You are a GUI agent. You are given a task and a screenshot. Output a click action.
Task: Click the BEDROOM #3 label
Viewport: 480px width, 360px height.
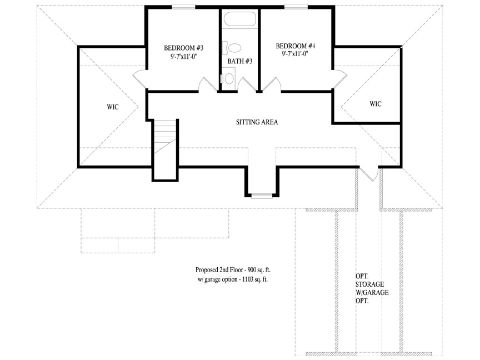[184, 48]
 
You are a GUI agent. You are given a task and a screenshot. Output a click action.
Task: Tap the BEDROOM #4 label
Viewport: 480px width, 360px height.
[296, 46]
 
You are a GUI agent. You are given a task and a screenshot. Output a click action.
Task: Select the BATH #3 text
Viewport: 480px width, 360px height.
[240, 61]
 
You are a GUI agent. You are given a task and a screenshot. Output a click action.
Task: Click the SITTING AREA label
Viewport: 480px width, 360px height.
[257, 122]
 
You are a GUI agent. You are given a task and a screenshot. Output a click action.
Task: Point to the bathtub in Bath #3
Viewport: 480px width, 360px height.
[239, 19]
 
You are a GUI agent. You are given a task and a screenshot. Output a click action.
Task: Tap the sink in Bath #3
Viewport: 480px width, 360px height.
[228, 78]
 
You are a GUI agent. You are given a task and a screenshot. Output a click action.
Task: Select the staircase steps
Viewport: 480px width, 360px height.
[165, 136]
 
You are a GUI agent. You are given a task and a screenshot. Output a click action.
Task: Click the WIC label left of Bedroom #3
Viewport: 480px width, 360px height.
[113, 107]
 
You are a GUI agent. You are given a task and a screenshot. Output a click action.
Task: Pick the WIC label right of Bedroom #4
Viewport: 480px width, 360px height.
[376, 104]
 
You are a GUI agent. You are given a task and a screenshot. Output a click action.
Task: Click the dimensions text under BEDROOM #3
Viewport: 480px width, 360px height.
[184, 56]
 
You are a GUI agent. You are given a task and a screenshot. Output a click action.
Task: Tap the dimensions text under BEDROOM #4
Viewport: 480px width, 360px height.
[296, 54]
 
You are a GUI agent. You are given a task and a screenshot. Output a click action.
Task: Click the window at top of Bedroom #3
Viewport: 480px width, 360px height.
[183, 6]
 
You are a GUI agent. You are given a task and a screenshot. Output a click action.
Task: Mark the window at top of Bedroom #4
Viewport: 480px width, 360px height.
[296, 6]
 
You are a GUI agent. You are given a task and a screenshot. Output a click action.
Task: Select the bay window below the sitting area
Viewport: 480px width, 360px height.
[262, 196]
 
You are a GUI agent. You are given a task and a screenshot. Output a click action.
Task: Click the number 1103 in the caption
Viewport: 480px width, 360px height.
[248, 279]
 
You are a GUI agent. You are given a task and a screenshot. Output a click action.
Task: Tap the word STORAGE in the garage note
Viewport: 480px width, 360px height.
[370, 284]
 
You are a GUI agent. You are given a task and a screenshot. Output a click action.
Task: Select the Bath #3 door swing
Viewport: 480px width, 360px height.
[247, 84]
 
